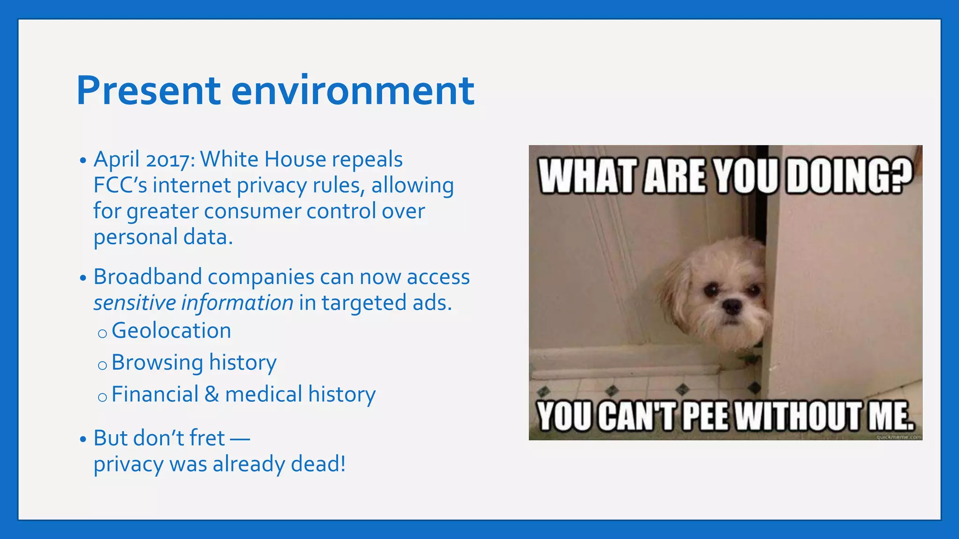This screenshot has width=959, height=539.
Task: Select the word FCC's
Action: (x=120, y=185)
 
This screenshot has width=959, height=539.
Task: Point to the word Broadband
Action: (x=148, y=277)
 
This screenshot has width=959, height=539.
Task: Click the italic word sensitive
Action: (x=134, y=303)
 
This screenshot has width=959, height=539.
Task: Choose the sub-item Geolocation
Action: (x=171, y=331)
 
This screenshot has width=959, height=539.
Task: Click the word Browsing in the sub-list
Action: (x=157, y=363)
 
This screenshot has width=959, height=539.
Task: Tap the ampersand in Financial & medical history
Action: (x=212, y=394)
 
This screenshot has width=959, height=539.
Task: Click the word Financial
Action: (x=155, y=394)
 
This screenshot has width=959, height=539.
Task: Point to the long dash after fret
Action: (x=240, y=439)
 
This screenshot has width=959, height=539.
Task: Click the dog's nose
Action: (x=731, y=307)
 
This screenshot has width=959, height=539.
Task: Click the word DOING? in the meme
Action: (x=849, y=176)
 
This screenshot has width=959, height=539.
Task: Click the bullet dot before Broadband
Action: (x=83, y=278)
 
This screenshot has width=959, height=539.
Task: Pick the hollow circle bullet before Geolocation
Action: (x=103, y=333)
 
